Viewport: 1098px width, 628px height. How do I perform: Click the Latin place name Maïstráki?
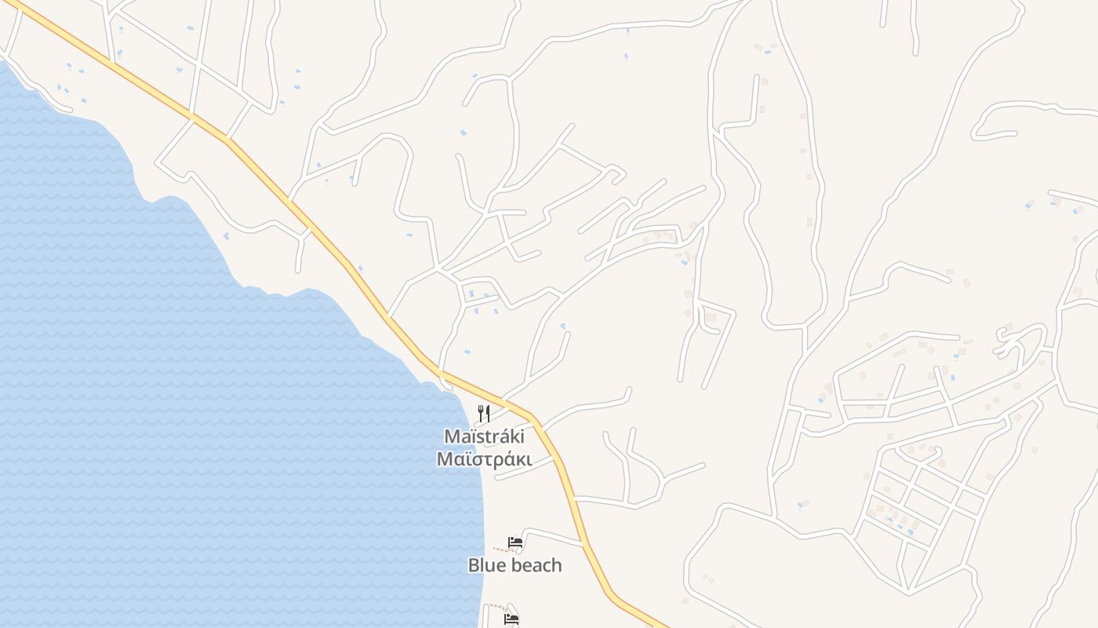click(484, 436)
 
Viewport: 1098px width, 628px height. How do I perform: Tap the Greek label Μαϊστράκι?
click(484, 459)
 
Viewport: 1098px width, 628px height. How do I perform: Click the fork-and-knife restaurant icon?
click(484, 413)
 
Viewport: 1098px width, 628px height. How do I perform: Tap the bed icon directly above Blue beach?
click(515, 542)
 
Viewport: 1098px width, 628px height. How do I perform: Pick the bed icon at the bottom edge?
click(511, 619)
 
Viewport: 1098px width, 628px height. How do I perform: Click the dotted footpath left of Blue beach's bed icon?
click(500, 549)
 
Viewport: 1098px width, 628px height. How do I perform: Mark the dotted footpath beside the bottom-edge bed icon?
click(493, 606)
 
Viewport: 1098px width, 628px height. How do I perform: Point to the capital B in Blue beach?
click(474, 564)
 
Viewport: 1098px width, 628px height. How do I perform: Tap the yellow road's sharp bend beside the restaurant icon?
click(533, 415)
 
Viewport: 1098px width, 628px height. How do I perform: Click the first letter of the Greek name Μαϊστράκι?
click(444, 459)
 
